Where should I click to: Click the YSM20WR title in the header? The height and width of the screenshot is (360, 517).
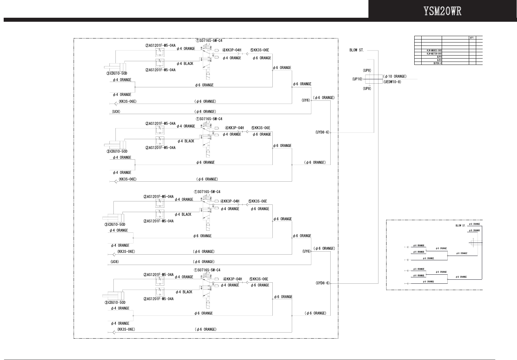(x=442, y=11)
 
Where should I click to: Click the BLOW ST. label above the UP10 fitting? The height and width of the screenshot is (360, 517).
(x=356, y=51)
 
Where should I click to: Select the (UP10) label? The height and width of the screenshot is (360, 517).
(x=357, y=79)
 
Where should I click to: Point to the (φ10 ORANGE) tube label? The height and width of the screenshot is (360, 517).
(x=395, y=77)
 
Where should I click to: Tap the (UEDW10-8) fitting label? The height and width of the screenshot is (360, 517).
(x=392, y=82)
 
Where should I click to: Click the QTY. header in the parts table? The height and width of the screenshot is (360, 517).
(x=472, y=37)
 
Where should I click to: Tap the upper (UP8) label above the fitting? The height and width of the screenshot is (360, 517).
(x=367, y=71)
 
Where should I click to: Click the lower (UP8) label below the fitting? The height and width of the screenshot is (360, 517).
(x=367, y=89)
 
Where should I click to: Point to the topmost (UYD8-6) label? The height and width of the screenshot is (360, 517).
(x=322, y=132)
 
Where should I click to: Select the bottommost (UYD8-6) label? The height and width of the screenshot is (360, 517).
(x=322, y=283)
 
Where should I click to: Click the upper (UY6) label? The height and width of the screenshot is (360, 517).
(x=306, y=100)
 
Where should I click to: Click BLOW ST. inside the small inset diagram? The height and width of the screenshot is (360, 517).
(x=460, y=226)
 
